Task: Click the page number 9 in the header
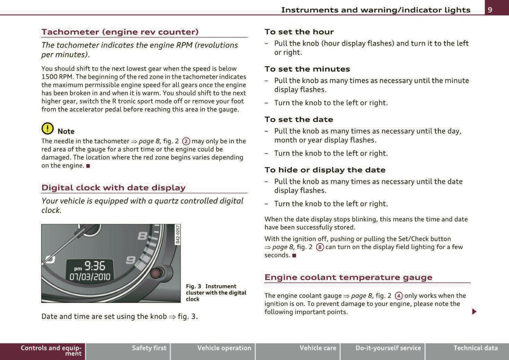490,10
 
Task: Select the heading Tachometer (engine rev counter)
120,32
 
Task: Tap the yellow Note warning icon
48,128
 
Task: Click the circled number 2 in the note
186,141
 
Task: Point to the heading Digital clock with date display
113,188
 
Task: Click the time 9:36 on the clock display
94,266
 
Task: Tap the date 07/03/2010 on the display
90,277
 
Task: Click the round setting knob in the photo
156,273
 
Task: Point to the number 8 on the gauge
142,236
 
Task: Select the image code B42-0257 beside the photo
178,234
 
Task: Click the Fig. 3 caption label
193,286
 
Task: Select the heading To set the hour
299,32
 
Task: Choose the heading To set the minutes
307,69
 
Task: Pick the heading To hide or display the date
325,170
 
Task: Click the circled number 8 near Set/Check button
320,247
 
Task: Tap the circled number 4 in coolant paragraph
399,296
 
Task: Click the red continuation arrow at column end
474,311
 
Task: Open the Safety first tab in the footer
149,348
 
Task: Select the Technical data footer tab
475,348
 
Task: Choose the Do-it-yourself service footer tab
388,348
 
